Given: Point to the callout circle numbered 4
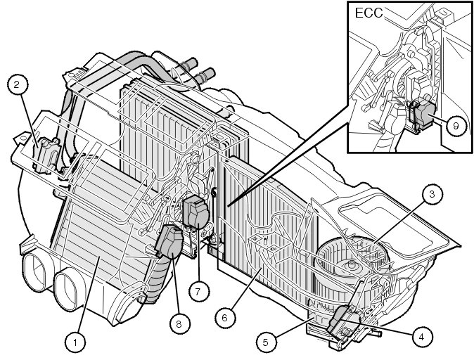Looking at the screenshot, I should (421, 337).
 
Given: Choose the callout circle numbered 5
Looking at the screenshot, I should (264, 342).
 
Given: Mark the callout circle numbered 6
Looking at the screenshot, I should (225, 317).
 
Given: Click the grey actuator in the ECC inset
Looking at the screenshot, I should (425, 115).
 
